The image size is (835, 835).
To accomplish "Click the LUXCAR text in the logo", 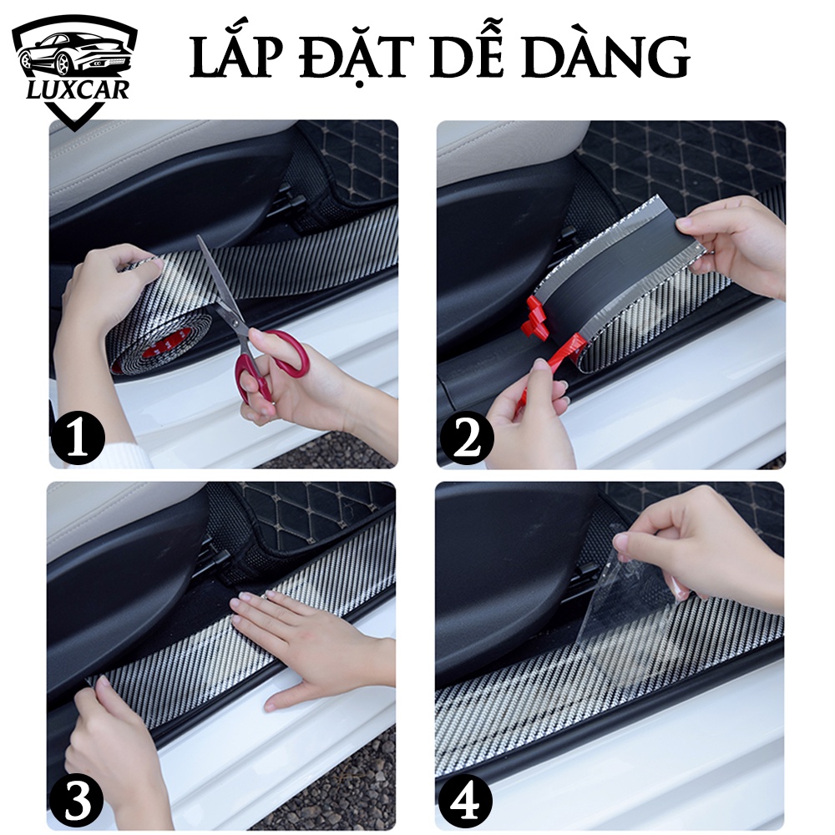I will click(x=75, y=88).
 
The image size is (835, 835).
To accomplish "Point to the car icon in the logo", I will click(x=73, y=51).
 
